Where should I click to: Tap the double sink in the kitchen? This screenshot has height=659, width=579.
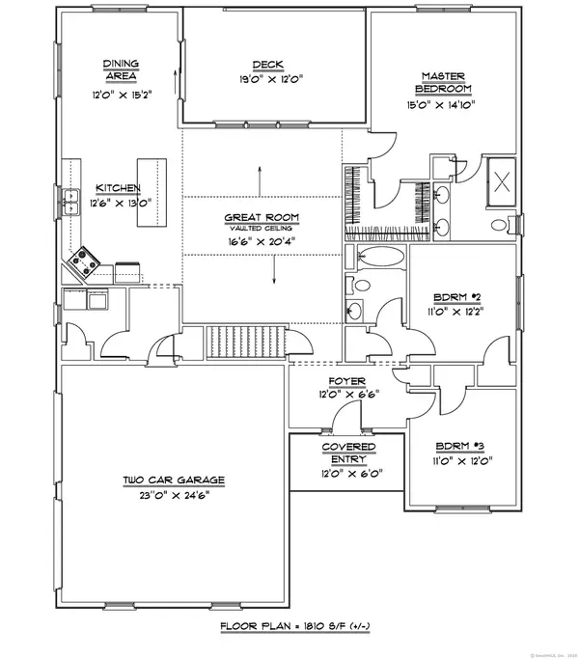70,202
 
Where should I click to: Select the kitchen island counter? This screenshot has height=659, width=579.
150,193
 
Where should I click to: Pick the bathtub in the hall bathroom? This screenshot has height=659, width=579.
371,259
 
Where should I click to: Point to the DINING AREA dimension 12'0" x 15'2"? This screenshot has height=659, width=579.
122,97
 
